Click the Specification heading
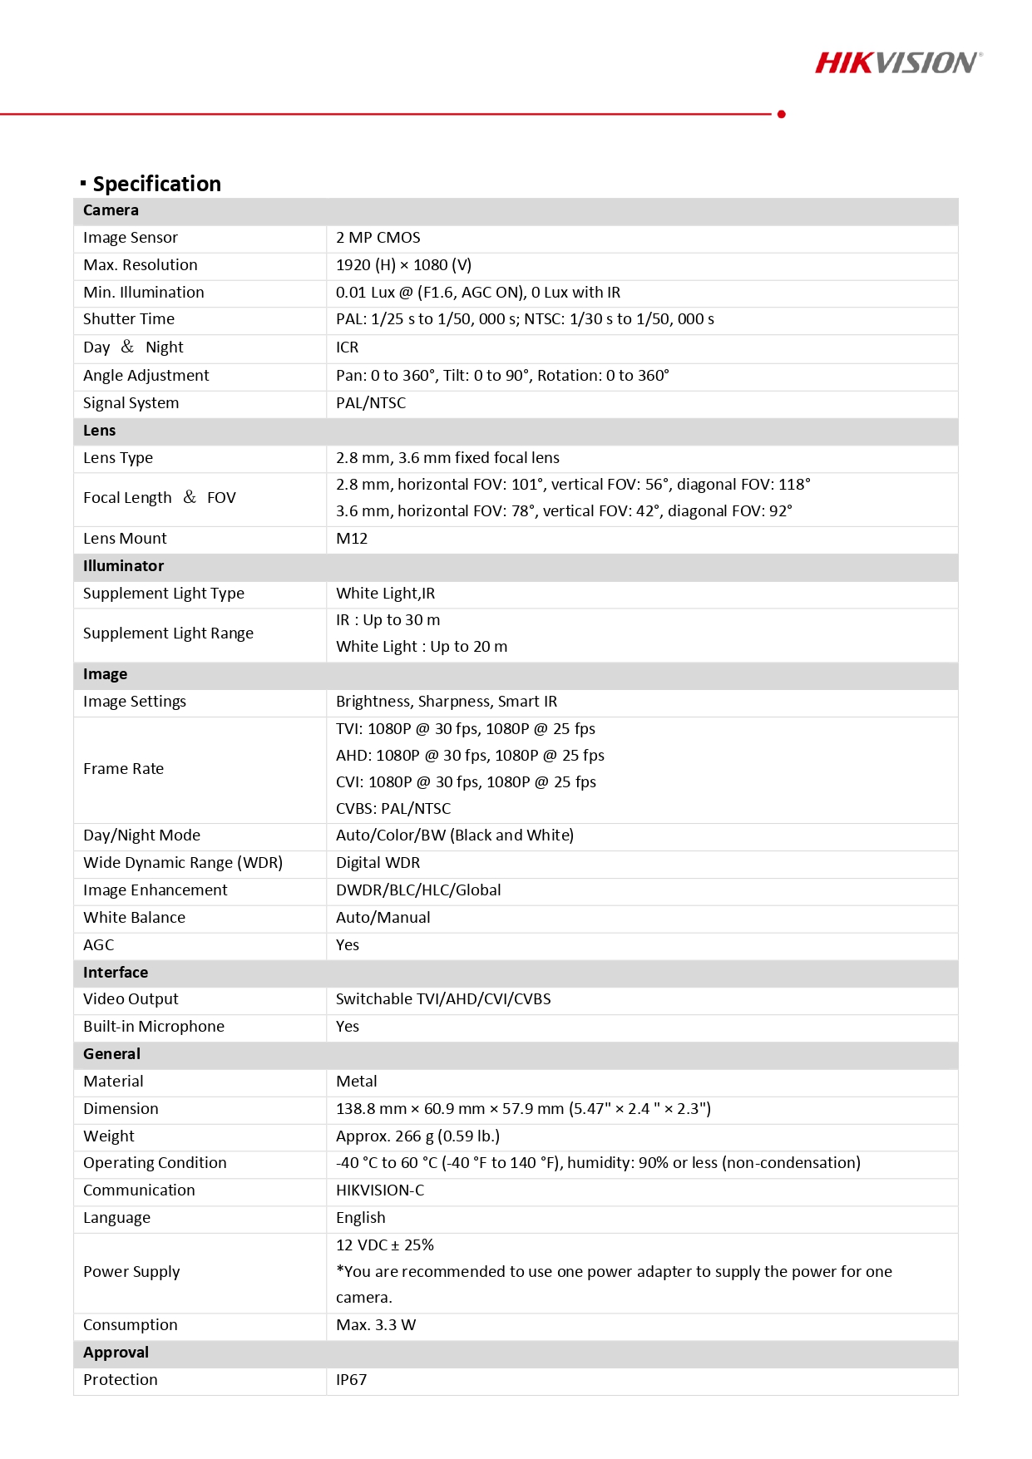(156, 184)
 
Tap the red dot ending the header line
(781, 114)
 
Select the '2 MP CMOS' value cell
(378, 238)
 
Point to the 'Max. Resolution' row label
(141, 265)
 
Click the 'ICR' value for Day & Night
(348, 347)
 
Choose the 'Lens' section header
(100, 431)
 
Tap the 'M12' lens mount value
(352, 539)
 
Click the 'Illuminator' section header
(123, 566)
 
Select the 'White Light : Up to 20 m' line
(422, 647)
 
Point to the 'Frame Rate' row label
(124, 769)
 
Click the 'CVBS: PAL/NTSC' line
(393, 809)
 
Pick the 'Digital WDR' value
(378, 863)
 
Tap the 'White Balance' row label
(135, 918)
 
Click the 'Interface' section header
(116, 973)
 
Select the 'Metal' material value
(357, 1082)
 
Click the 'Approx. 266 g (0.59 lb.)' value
(417, 1136)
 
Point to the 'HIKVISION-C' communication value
(380, 1190)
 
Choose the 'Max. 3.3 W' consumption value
(376, 1325)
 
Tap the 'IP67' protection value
(352, 1380)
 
